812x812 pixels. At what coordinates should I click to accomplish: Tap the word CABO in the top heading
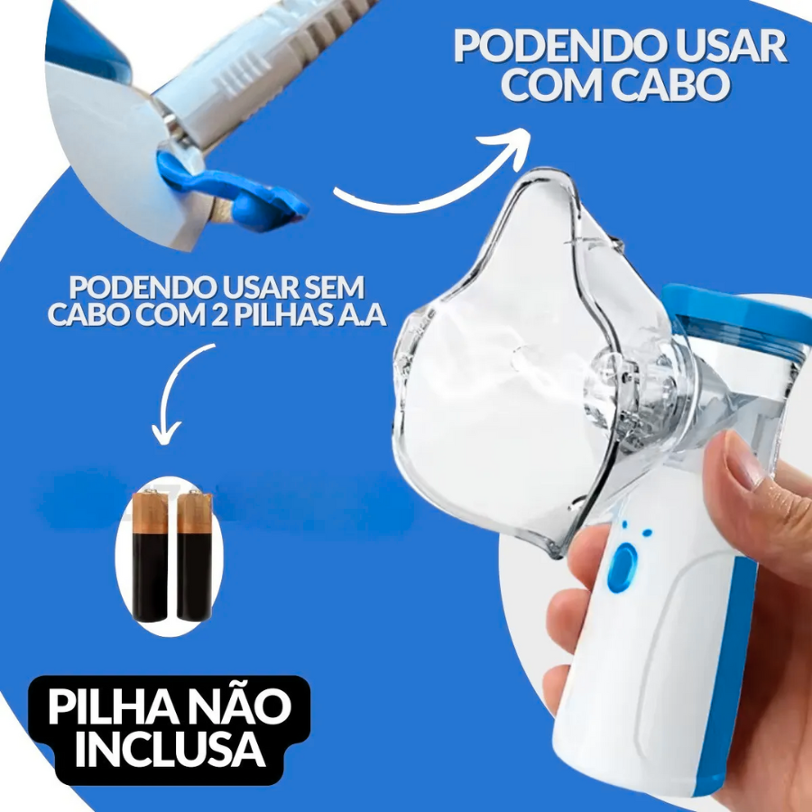(x=670, y=85)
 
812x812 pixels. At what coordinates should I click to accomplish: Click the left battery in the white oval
(x=150, y=556)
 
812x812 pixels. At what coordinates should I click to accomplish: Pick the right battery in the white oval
(x=194, y=556)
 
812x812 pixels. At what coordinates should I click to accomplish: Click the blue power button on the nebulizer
(x=623, y=568)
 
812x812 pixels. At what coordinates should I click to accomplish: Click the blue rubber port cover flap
(x=234, y=191)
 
